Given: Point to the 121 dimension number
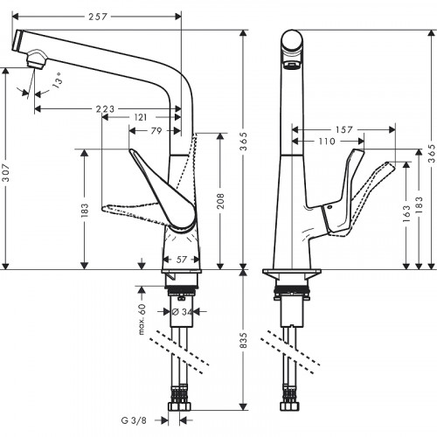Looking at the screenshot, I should point(141,117).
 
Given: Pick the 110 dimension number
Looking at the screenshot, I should point(327,140).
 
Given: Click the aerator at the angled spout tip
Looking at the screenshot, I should point(34,59).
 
